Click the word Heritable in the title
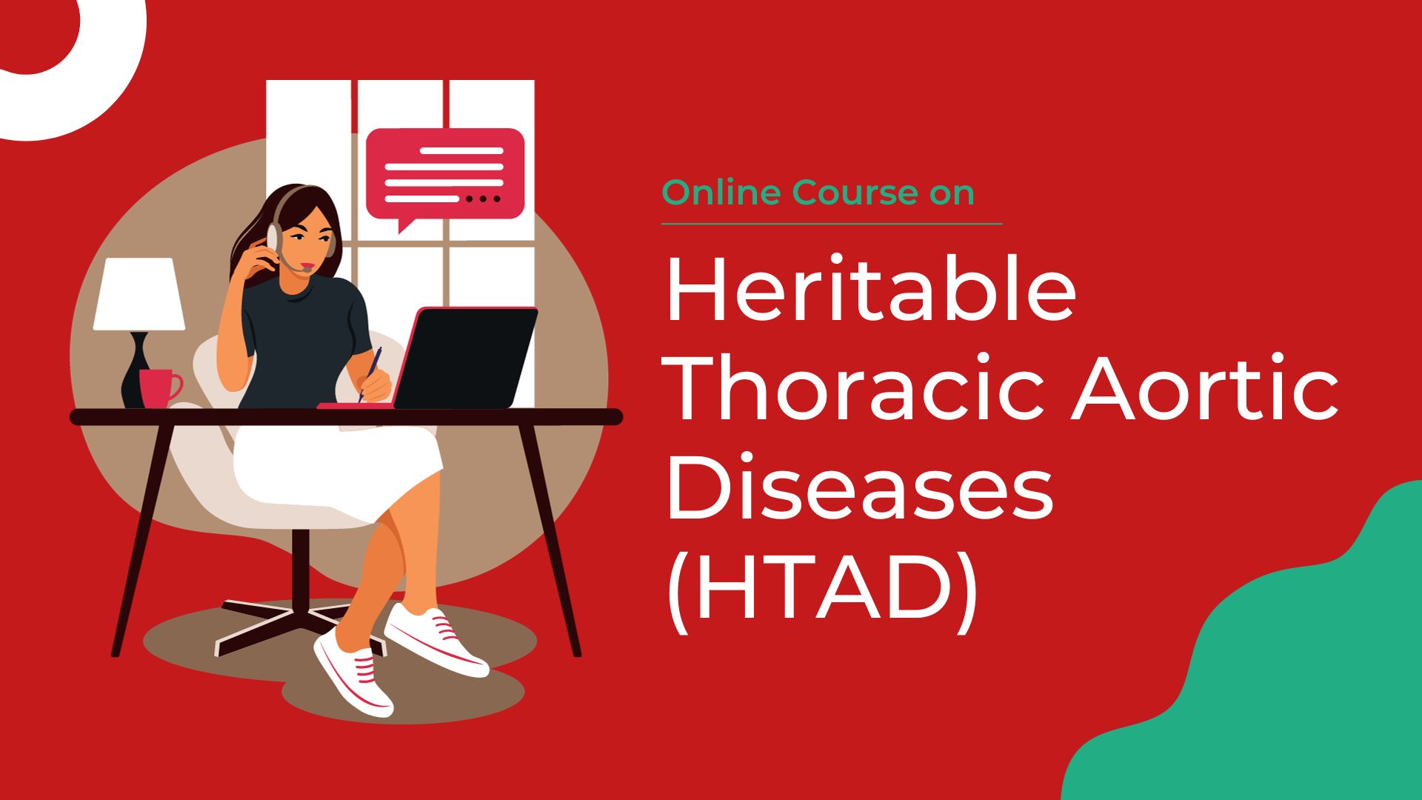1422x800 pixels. (871, 291)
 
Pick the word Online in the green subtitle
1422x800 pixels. (721, 193)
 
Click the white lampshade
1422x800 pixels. (138, 294)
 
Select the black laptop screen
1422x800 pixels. (465, 357)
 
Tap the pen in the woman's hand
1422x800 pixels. (371, 373)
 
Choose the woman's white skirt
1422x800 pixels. (333, 467)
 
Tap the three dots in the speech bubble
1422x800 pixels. (482, 199)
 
